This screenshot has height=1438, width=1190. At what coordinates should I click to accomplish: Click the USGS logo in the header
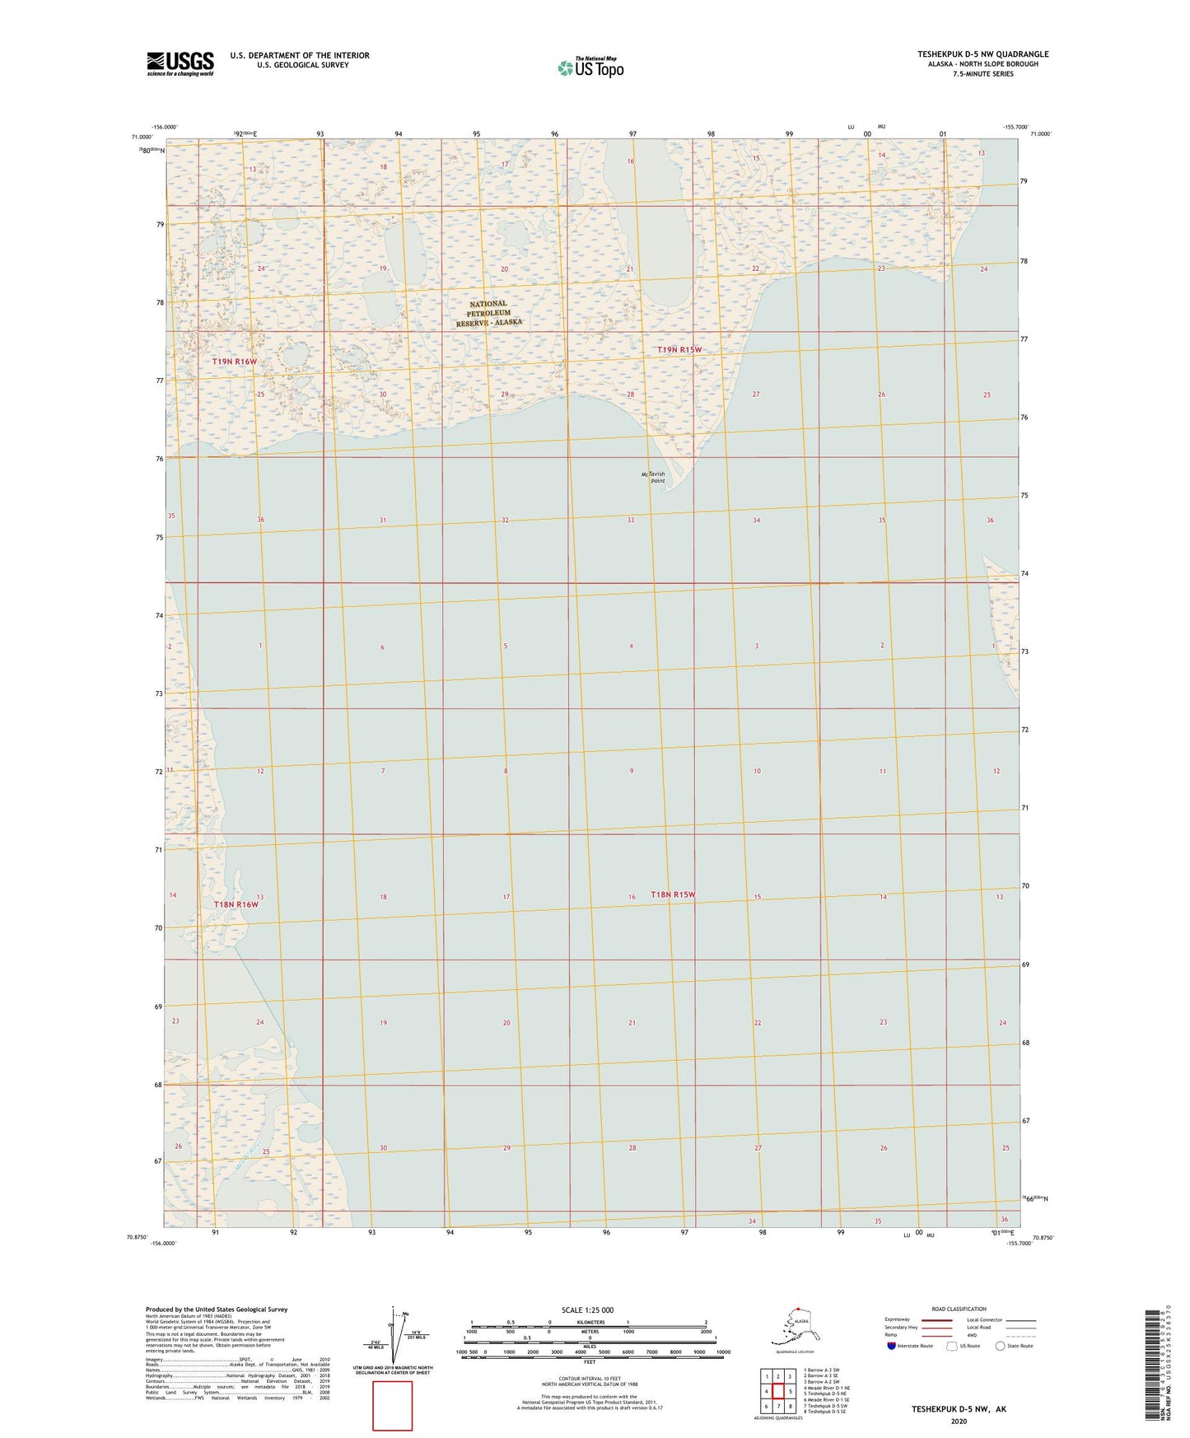[x=180, y=63]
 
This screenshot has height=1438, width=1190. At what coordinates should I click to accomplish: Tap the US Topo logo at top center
[x=590, y=68]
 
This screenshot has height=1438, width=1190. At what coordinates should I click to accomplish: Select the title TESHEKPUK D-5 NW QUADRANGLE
[x=982, y=54]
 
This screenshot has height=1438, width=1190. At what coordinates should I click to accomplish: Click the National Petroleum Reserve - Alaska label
[x=489, y=314]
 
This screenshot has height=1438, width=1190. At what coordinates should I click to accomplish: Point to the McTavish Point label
[x=653, y=478]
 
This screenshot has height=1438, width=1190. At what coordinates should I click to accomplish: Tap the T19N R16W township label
[x=235, y=362]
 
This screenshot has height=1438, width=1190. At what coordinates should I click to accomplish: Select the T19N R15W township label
[x=679, y=350]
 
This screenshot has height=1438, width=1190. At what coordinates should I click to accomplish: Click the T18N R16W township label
[x=236, y=904]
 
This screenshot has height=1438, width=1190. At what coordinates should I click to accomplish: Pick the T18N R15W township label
[x=673, y=894]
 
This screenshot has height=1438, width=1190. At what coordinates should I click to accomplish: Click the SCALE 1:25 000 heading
[x=587, y=1310]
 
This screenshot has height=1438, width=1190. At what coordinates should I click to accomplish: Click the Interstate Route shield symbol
[x=892, y=1346]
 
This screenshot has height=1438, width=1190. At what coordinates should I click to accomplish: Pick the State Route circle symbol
[x=1001, y=1346]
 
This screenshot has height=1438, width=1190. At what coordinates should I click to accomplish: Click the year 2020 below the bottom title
[x=959, y=1421]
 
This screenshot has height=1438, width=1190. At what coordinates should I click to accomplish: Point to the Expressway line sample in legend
[x=936, y=1320]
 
